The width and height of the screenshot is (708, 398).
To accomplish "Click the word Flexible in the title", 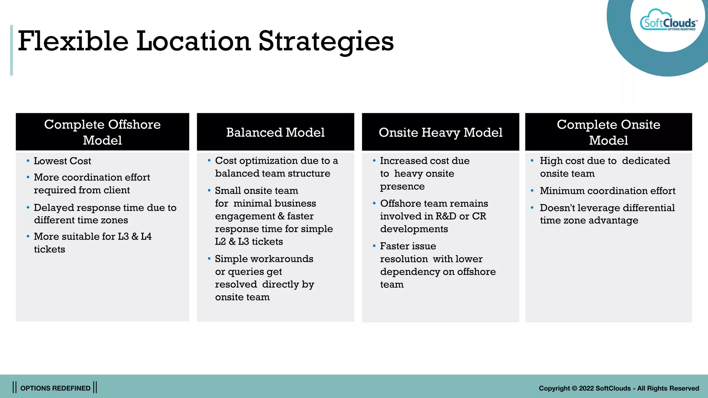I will (x=73, y=41).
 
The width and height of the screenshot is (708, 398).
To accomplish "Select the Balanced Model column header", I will (x=275, y=132).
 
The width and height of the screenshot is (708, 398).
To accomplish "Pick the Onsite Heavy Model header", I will (x=440, y=132).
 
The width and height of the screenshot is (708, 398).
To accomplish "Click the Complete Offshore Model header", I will (x=102, y=132).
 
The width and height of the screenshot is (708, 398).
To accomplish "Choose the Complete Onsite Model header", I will (x=608, y=132).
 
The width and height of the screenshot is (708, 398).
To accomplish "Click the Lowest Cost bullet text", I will (x=62, y=161).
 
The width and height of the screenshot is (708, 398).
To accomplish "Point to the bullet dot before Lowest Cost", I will (x=28, y=161).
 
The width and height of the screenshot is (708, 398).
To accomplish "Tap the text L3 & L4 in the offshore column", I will (x=134, y=237).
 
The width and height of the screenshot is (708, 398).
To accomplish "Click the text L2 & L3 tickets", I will (x=249, y=241).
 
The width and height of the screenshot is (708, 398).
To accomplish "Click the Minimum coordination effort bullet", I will (x=607, y=191).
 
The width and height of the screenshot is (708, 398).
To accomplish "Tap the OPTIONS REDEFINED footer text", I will (x=55, y=388).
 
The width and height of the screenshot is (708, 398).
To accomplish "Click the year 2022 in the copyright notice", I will (x=586, y=388).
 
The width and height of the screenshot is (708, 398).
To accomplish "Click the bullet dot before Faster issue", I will (x=374, y=246).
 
